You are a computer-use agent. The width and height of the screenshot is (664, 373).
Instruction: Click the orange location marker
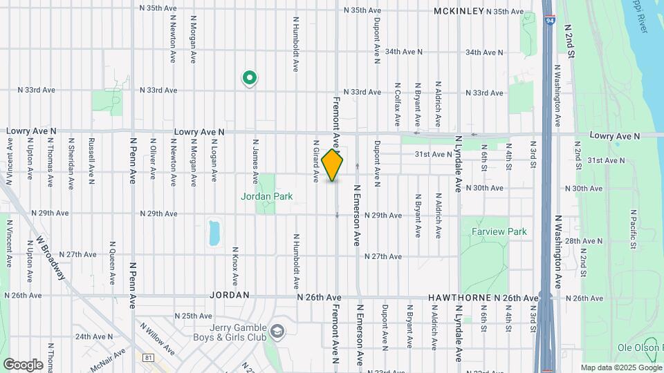point(333,165)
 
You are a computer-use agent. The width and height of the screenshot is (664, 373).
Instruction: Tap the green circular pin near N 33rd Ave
point(249,78)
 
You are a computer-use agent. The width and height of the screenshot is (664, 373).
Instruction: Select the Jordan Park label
point(266,196)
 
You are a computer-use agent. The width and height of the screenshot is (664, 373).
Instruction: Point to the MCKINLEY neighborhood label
point(458,11)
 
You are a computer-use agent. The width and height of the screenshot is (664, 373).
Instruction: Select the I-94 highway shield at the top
point(548,21)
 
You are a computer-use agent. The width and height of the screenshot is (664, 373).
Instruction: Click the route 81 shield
point(149,357)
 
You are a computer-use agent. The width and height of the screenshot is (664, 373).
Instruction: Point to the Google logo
point(23,364)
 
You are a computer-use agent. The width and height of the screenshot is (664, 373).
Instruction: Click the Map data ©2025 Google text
point(620,367)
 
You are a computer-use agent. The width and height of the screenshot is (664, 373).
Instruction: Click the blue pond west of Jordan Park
point(214,233)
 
